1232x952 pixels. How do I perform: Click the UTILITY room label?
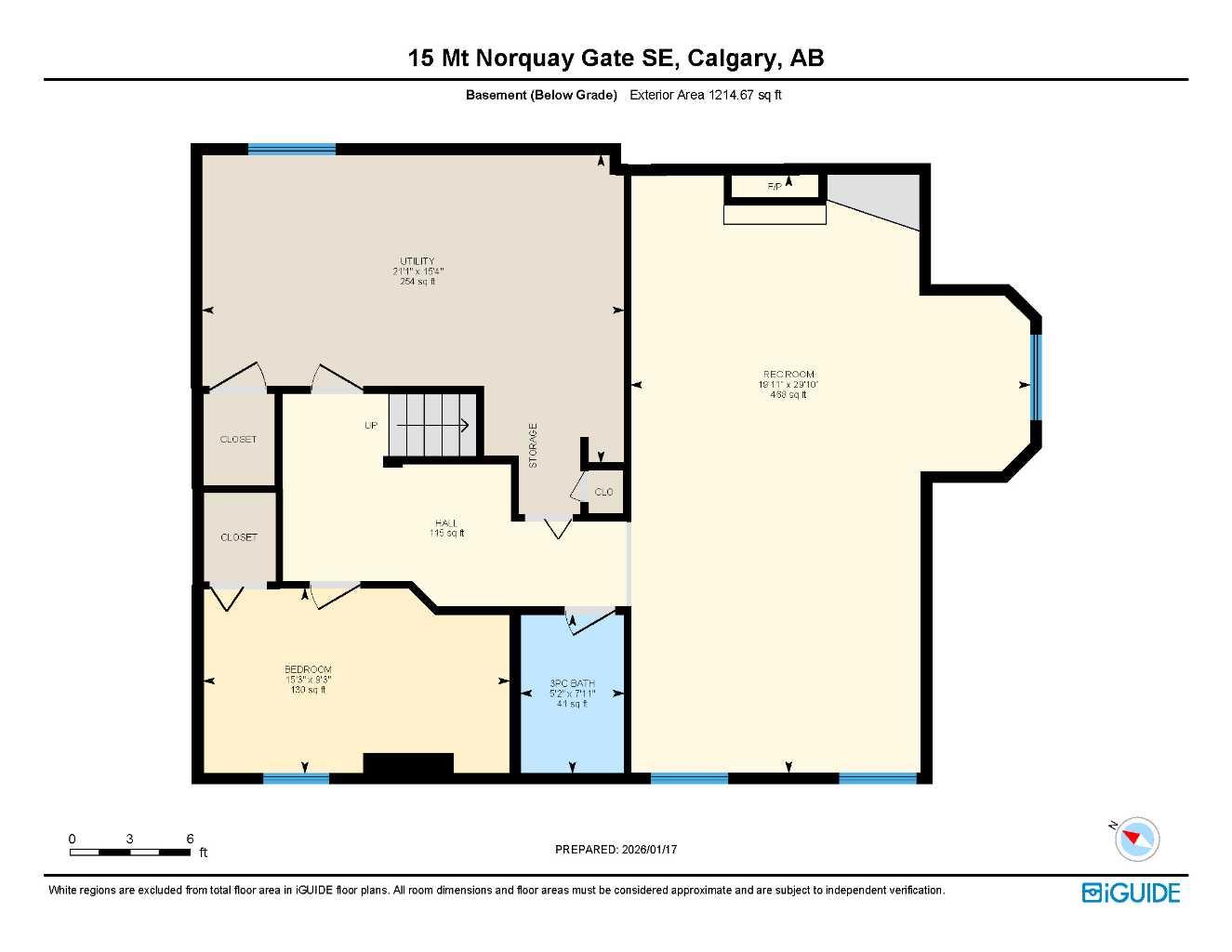tap(417, 261)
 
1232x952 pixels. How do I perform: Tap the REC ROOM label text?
tap(788, 375)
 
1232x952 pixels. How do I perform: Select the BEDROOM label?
tap(308, 669)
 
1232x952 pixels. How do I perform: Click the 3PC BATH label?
tap(572, 683)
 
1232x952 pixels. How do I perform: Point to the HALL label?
tap(446, 523)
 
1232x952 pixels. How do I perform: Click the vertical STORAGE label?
tap(533, 445)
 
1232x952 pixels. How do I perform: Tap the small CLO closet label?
tap(603, 492)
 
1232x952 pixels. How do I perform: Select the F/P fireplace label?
tap(774, 187)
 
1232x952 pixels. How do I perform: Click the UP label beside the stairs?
tap(371, 426)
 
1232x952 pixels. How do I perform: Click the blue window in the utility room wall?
tap(291, 149)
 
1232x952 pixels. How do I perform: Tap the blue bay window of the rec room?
tap(1036, 376)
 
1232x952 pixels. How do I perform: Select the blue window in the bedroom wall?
tap(296, 778)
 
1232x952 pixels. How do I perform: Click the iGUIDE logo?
tap(1131, 892)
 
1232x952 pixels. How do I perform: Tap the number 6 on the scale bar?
tap(190, 839)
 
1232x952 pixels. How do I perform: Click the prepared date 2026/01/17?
tap(649, 849)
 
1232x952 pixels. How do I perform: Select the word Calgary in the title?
tap(734, 58)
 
